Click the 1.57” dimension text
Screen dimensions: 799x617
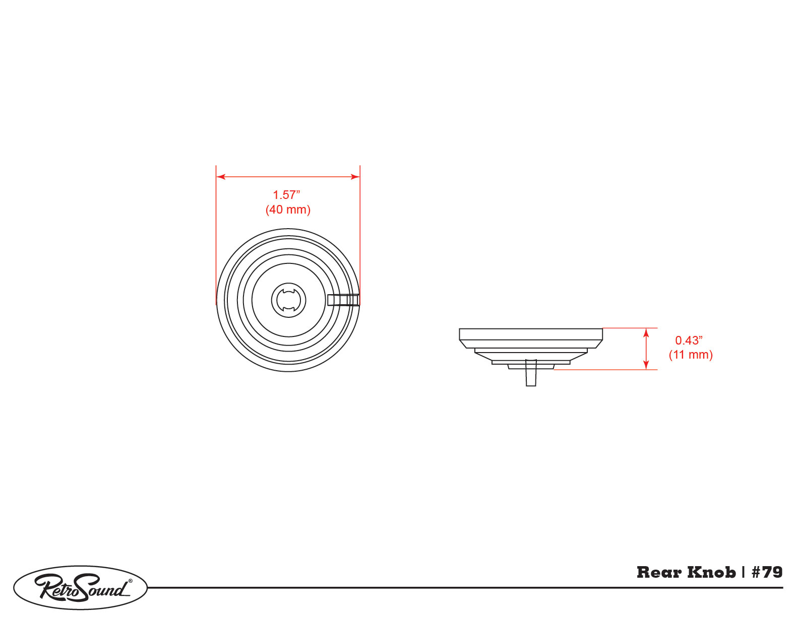point(286,194)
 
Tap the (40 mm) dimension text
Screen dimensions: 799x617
point(288,210)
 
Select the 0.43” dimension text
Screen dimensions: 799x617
point(689,340)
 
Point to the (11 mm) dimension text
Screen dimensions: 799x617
point(691,355)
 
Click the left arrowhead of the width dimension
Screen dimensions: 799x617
point(221,177)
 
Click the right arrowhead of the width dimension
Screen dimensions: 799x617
point(355,177)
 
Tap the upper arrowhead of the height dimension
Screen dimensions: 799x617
point(646,333)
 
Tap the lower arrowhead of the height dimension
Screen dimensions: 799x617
point(646,365)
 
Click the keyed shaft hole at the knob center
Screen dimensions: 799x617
point(289,300)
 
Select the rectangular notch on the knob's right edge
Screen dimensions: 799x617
point(343,300)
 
